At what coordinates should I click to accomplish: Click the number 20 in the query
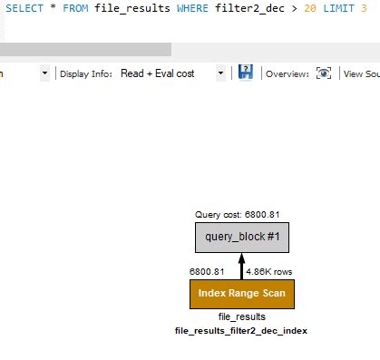(x=301, y=7)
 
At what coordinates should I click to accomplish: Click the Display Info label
(x=87, y=73)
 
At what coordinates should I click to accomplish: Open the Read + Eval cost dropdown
(x=171, y=73)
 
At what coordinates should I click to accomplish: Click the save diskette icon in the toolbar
(x=245, y=73)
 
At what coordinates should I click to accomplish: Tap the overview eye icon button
(x=323, y=73)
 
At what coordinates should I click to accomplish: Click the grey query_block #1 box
(x=241, y=237)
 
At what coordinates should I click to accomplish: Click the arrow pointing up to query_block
(x=241, y=268)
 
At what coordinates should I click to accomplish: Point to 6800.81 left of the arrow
(x=206, y=271)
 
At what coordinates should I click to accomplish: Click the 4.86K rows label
(x=268, y=271)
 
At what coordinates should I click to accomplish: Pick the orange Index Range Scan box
(x=241, y=295)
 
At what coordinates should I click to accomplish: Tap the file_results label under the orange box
(x=241, y=317)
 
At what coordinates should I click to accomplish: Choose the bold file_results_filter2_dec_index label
(x=241, y=331)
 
